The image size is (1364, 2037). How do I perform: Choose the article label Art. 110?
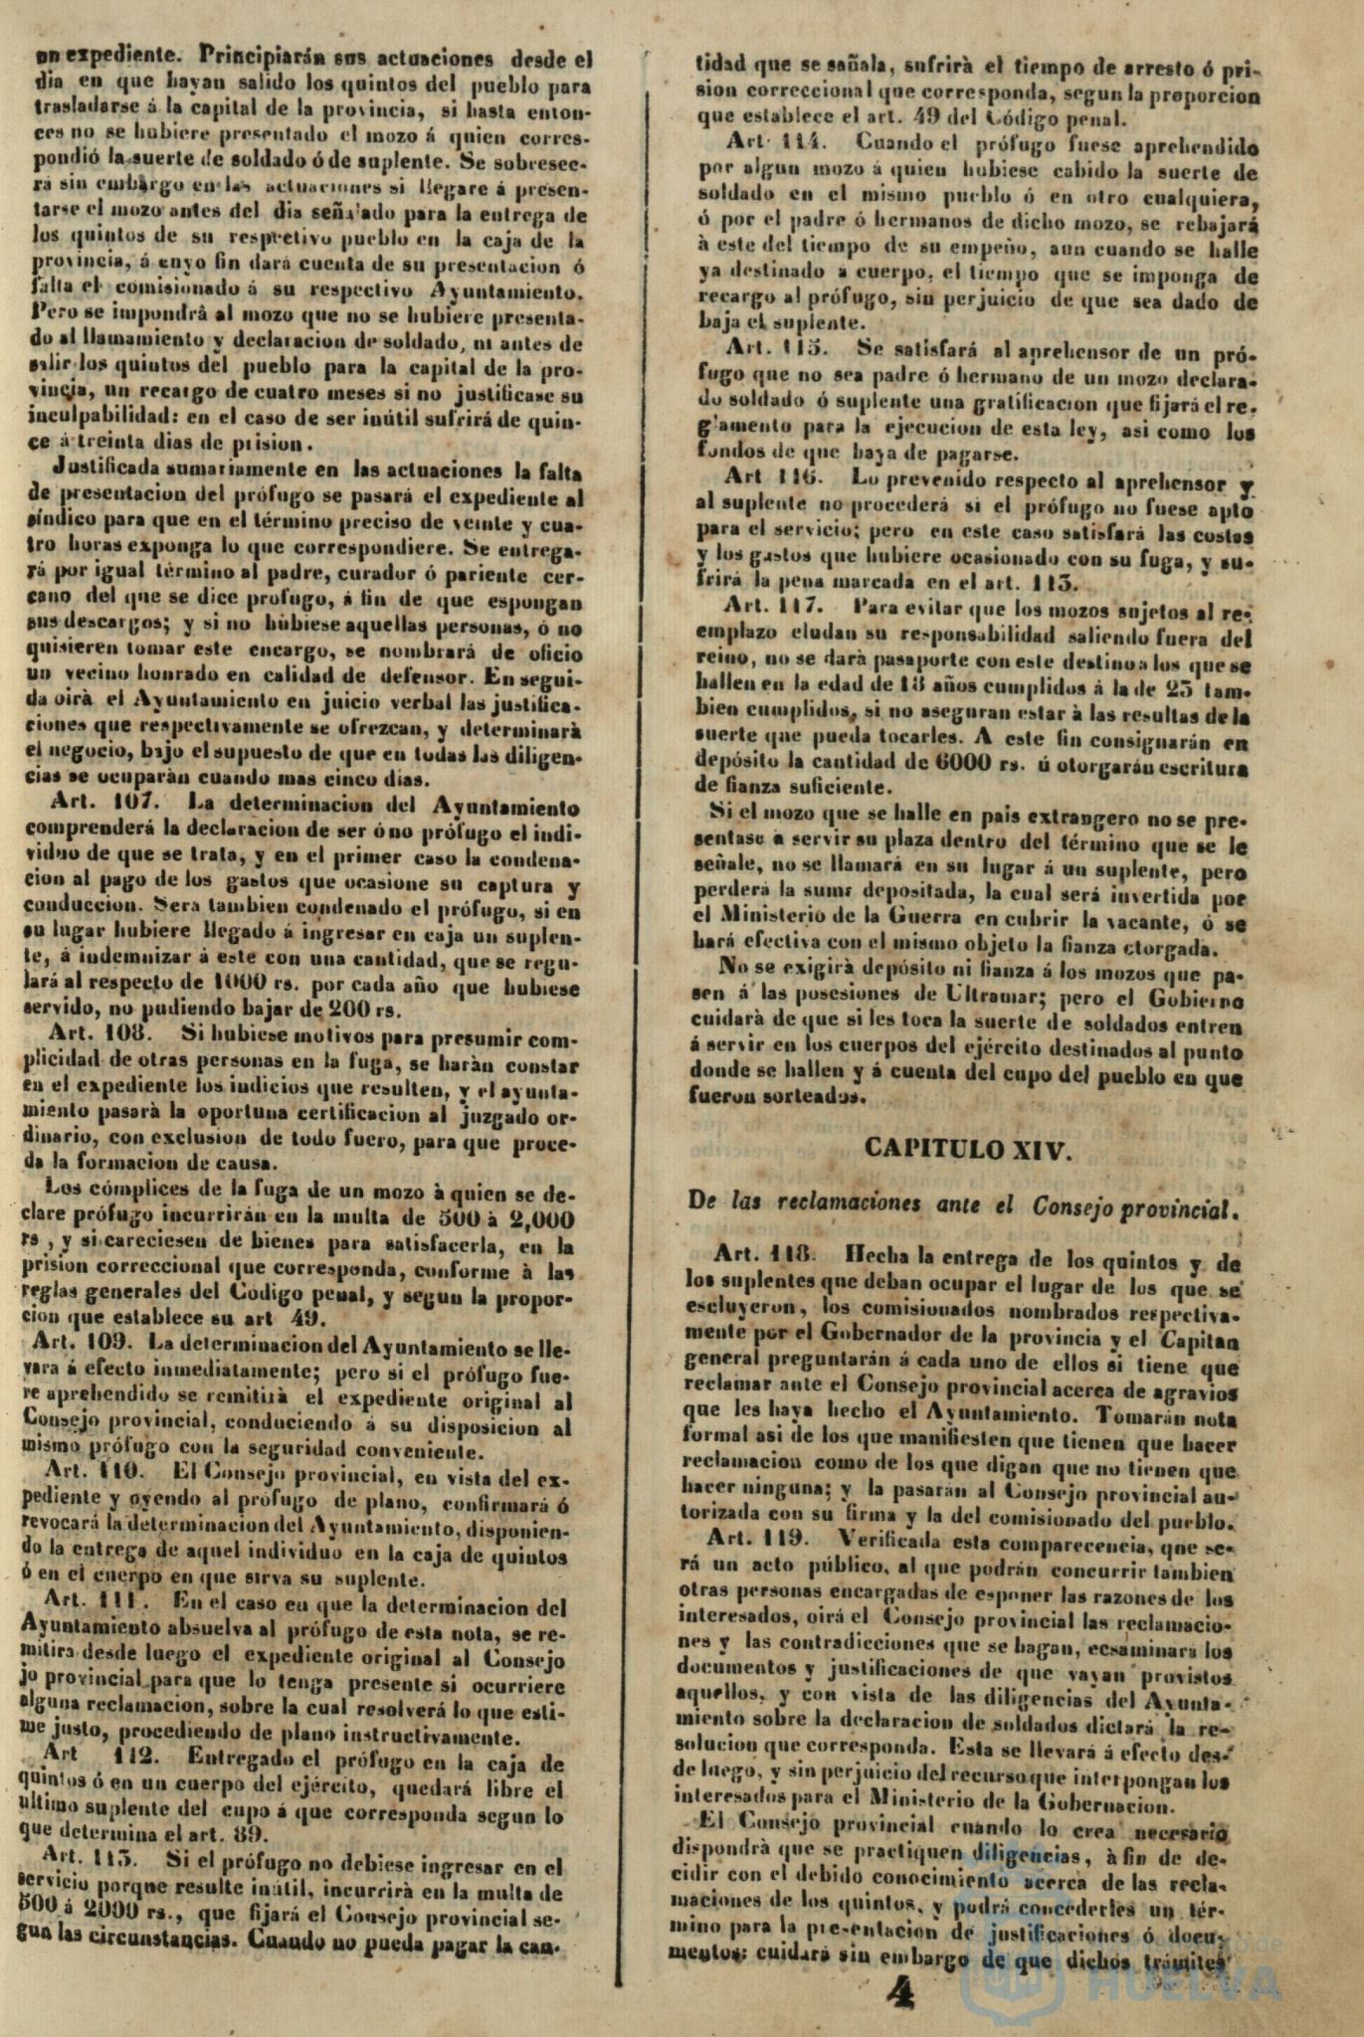click(x=94, y=1467)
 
